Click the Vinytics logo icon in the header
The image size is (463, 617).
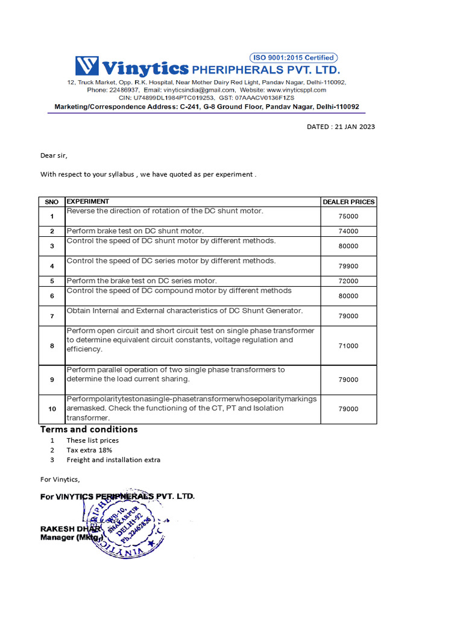coord(87,66)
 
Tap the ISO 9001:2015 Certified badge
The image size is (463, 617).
coord(297,58)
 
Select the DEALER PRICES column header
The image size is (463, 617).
coord(348,202)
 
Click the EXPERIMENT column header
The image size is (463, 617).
coord(88,201)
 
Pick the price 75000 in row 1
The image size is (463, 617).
coord(348,216)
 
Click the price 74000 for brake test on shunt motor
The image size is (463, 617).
coord(348,231)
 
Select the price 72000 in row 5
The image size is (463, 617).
coord(348,281)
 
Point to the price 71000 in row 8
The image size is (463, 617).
coord(348,346)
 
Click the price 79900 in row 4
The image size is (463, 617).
coord(348,266)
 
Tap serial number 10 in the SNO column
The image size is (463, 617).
coord(52,409)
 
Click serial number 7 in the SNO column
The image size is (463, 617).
coord(52,316)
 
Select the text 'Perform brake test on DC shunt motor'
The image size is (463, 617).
coord(135,231)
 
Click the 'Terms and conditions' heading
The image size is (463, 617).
coord(89,430)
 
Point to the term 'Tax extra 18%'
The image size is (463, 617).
coord(89,450)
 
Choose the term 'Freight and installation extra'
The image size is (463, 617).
coord(113,460)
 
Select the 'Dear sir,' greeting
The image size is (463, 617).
coord(54,155)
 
